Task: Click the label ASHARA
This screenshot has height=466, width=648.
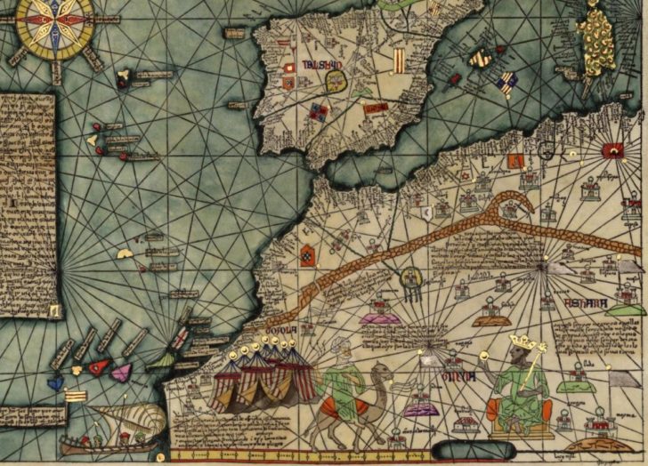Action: point(586,305)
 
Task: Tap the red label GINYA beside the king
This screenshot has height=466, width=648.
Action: point(454,377)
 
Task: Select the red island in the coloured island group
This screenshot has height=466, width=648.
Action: point(96,366)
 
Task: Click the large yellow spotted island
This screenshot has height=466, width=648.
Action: point(597,36)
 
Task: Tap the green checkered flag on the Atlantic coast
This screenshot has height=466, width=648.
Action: point(308,256)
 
